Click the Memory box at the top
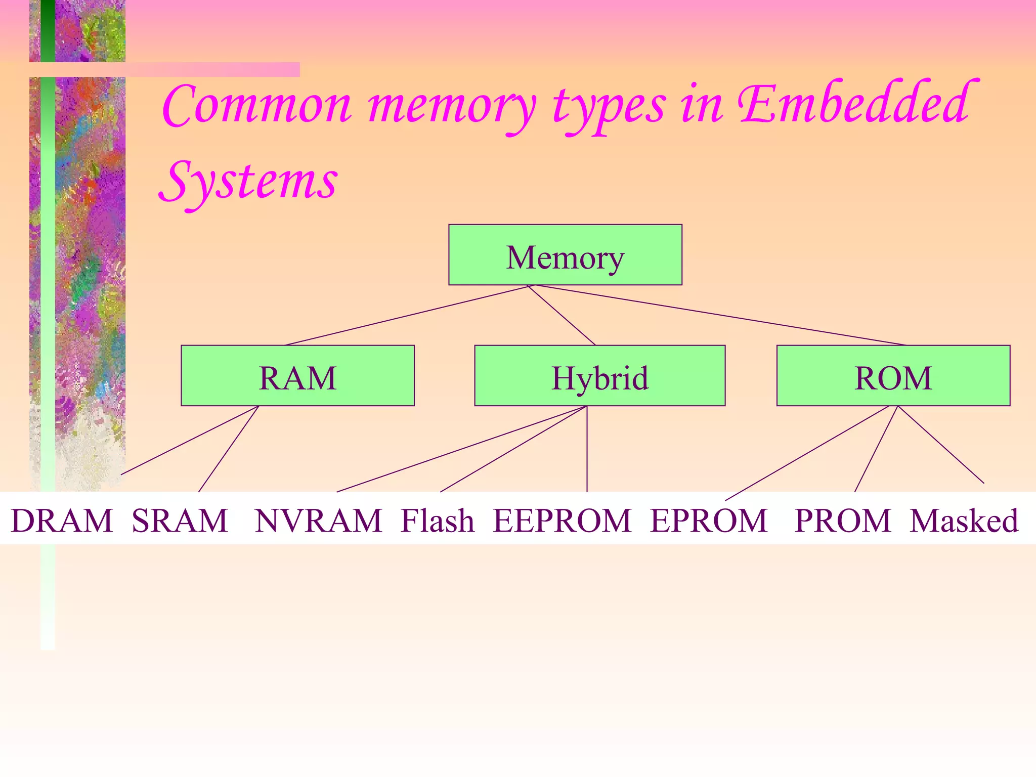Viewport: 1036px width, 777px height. point(565,255)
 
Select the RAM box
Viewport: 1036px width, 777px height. point(297,376)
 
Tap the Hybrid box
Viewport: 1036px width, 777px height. point(599,376)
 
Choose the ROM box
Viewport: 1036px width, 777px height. point(893,376)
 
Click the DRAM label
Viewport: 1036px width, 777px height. point(62,521)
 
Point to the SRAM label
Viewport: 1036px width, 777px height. point(180,521)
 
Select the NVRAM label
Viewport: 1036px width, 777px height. point(318,521)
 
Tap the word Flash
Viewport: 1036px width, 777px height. point(438,521)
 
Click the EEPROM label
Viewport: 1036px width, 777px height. point(562,521)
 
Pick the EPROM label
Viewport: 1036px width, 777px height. point(709,521)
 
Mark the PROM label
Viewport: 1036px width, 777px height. point(842,521)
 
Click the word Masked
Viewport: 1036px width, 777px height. point(964,521)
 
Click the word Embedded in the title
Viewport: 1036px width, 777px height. point(855,104)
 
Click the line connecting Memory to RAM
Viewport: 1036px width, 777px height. point(407,316)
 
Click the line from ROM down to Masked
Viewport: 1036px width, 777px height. point(941,445)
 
